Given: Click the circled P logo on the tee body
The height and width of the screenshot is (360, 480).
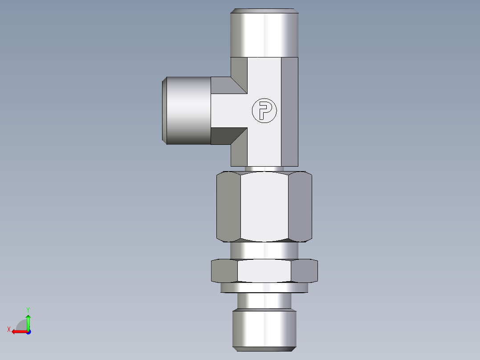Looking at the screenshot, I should [264, 110].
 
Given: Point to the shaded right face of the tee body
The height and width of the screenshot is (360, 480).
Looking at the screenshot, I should [289, 111].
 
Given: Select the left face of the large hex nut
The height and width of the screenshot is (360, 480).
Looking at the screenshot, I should [228, 206].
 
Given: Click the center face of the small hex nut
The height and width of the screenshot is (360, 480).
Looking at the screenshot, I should [264, 271].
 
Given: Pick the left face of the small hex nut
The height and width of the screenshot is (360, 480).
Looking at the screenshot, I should [224, 271].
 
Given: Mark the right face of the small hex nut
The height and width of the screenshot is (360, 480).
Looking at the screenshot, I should [304, 271].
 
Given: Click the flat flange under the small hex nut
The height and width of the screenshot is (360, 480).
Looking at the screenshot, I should [264, 288].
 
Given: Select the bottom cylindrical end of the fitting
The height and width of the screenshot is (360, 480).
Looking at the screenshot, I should [264, 330].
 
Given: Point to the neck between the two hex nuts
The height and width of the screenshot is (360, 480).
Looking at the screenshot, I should [264, 250].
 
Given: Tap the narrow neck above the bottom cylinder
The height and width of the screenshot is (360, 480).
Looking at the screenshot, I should [264, 301].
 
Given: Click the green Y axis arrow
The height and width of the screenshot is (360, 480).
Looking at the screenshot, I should [28, 320].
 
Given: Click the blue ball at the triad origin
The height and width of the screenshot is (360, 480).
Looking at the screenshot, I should [28, 331].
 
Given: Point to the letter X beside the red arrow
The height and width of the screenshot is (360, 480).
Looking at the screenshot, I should [9, 329].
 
